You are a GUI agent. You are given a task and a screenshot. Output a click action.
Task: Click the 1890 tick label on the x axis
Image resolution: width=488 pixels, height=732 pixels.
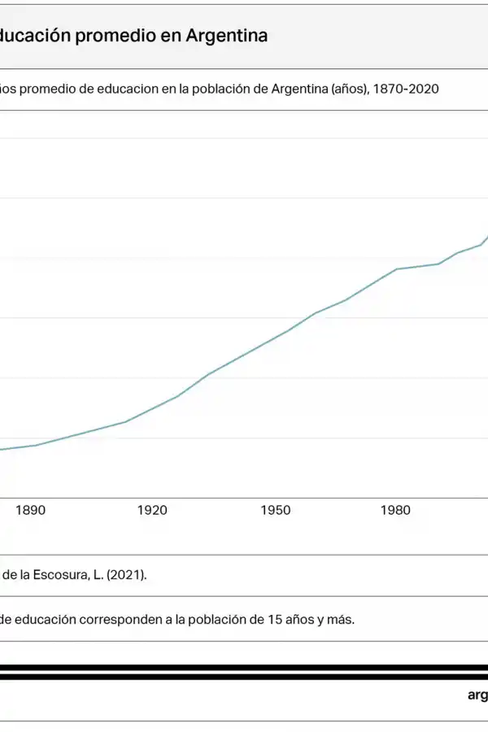(x=30, y=511)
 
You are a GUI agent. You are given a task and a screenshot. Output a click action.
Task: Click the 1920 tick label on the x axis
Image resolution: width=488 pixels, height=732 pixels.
(x=152, y=511)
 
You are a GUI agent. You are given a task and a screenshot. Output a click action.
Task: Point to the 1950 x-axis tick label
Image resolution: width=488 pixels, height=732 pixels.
(x=276, y=511)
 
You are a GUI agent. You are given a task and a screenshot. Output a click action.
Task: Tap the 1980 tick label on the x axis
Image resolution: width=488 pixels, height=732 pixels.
(x=396, y=511)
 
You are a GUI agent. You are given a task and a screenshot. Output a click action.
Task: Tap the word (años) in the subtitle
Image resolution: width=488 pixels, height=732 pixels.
(x=351, y=89)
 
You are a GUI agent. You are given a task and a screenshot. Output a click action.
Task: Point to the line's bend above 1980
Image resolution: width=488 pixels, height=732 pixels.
(x=397, y=269)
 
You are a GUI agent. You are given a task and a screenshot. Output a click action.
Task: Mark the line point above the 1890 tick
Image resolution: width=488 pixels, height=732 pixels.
(x=30, y=446)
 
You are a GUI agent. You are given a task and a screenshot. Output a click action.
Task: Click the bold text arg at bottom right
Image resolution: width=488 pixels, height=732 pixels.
(x=477, y=695)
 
